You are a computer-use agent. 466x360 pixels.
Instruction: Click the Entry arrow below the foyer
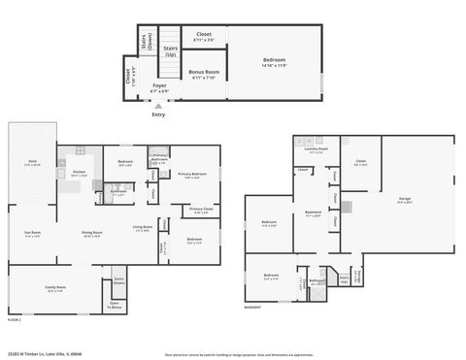click(x=158, y=107)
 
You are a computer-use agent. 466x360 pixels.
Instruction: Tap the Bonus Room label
click(x=204, y=74)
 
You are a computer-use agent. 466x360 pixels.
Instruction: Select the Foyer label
click(x=159, y=87)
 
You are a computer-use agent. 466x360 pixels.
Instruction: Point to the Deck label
click(x=32, y=164)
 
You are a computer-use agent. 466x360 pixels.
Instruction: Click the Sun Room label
click(x=32, y=234)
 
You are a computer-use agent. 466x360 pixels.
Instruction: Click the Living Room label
click(x=143, y=229)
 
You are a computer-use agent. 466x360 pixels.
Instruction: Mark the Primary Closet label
click(x=202, y=210)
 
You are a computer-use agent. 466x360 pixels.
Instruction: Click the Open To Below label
click(x=115, y=305)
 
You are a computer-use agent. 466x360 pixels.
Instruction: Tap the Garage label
click(x=404, y=201)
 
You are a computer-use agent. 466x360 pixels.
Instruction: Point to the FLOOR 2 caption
click(x=15, y=318)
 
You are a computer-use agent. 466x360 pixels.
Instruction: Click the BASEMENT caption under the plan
click(x=252, y=308)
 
